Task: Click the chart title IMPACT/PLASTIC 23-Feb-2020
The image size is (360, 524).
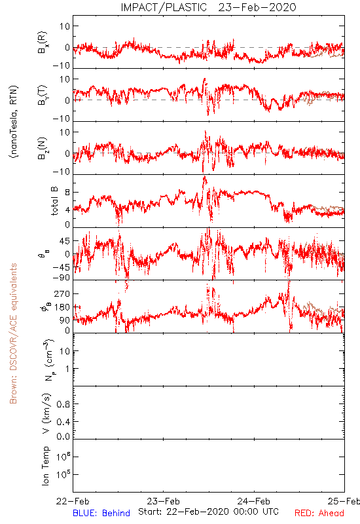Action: tap(208, 7)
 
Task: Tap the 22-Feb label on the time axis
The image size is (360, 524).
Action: tap(73, 501)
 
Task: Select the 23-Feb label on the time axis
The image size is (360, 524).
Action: tap(163, 501)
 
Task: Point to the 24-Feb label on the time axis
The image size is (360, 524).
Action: tap(254, 501)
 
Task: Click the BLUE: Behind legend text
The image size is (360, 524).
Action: tap(101, 513)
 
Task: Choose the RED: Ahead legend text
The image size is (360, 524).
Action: tap(319, 513)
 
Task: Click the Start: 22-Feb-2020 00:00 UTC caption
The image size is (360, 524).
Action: tap(208, 512)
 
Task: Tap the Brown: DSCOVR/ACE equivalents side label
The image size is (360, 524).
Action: tap(13, 333)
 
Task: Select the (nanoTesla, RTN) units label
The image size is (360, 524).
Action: tap(14, 122)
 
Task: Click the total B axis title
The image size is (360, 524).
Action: tap(54, 200)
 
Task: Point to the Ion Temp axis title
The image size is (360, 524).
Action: tap(45, 466)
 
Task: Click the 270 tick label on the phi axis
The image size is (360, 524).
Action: tap(62, 293)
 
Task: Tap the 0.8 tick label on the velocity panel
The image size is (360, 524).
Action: tap(63, 404)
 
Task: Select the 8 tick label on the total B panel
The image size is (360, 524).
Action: tap(67, 193)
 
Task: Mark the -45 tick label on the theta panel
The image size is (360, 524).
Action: tap(61, 267)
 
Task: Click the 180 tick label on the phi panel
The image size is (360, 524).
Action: tap(62, 307)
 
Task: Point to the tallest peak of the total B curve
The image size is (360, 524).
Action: tap(204, 177)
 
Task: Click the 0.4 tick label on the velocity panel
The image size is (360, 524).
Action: tap(63, 422)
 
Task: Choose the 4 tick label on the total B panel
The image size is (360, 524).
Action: tap(67, 210)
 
